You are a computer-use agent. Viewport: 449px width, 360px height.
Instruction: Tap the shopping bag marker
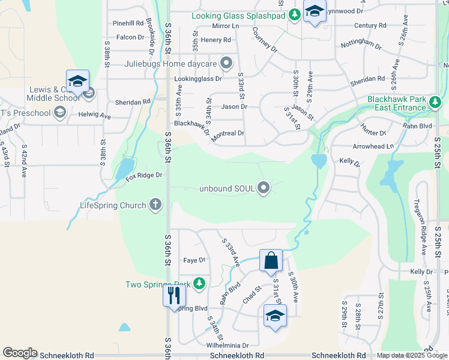click(x=271, y=260)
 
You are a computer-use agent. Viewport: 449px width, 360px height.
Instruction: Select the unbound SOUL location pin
click(x=264, y=189)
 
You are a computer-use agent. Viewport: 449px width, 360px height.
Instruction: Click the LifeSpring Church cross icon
click(x=155, y=205)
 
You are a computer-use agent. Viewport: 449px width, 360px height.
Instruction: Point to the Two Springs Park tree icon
click(x=199, y=284)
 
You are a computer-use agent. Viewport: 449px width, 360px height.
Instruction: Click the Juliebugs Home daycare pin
click(x=226, y=63)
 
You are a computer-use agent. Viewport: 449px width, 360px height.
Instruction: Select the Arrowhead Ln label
click(x=373, y=146)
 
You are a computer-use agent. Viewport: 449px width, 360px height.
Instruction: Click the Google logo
click(x=20, y=353)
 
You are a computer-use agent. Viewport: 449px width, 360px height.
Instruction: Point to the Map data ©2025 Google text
click(x=411, y=355)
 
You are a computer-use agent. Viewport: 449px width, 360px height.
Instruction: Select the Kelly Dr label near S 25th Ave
click(x=421, y=272)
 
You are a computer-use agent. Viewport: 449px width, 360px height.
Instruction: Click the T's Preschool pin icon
click(x=59, y=112)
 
